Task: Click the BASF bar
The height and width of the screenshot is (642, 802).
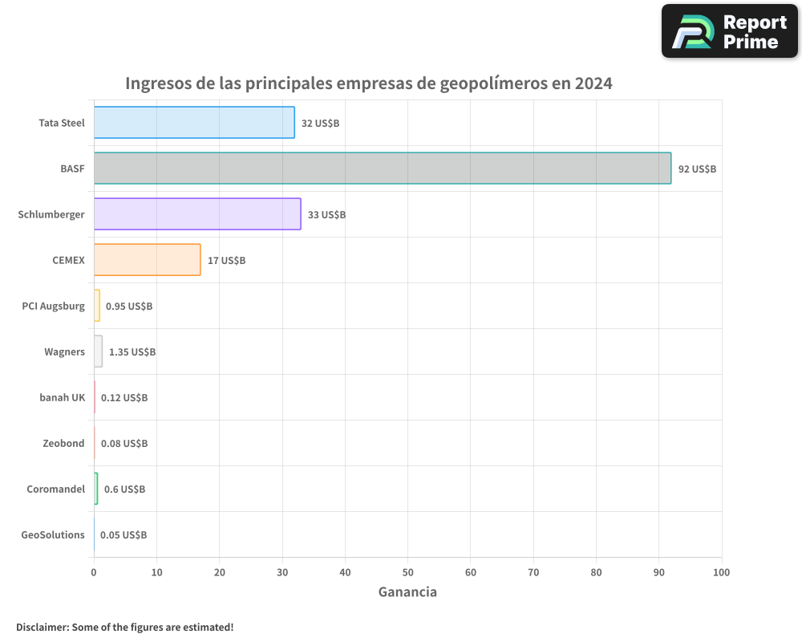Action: tap(382, 169)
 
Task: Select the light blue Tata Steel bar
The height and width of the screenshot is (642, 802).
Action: tap(194, 123)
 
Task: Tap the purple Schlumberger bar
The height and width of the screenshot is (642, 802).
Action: tap(197, 214)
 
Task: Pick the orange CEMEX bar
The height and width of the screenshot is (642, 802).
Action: tap(147, 260)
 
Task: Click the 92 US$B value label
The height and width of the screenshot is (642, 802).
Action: tap(697, 169)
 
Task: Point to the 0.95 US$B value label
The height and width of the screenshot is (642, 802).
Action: tap(129, 307)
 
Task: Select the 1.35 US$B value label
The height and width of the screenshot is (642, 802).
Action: tap(132, 352)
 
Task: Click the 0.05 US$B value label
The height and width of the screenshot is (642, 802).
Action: tap(124, 535)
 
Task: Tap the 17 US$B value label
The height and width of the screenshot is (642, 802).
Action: tap(226, 261)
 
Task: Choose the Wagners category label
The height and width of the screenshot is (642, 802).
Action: tap(64, 352)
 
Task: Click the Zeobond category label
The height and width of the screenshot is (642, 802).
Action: tap(63, 444)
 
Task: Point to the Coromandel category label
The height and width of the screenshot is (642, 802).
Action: tap(56, 490)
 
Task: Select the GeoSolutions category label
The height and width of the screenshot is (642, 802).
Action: tap(53, 535)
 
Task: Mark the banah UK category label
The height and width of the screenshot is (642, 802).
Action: tap(62, 398)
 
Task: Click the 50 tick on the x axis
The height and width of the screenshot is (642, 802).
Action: tap(407, 573)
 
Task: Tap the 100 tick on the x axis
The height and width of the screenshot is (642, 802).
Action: tap(721, 573)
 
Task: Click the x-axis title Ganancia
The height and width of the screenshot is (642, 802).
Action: tap(407, 592)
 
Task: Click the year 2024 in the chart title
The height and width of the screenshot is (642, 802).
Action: tap(593, 83)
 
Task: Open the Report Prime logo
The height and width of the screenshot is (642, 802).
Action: tap(729, 31)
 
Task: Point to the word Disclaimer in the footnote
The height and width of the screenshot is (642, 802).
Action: tap(42, 627)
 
